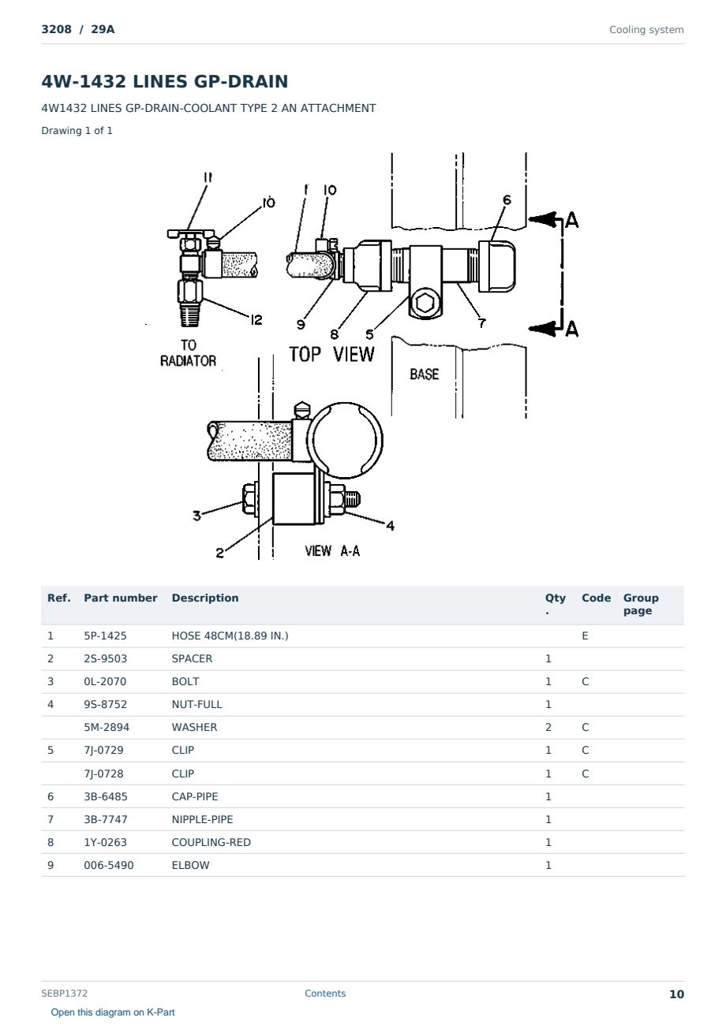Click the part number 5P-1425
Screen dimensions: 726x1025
105,635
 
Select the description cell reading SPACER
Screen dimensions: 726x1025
192,658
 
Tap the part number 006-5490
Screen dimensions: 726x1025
109,865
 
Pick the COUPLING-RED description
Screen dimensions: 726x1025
211,842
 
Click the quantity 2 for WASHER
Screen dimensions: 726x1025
548,727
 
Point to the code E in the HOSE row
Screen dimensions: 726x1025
585,635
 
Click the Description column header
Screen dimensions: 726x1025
205,598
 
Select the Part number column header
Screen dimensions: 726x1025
121,598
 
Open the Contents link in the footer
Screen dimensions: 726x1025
325,993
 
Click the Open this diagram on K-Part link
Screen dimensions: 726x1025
113,1012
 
